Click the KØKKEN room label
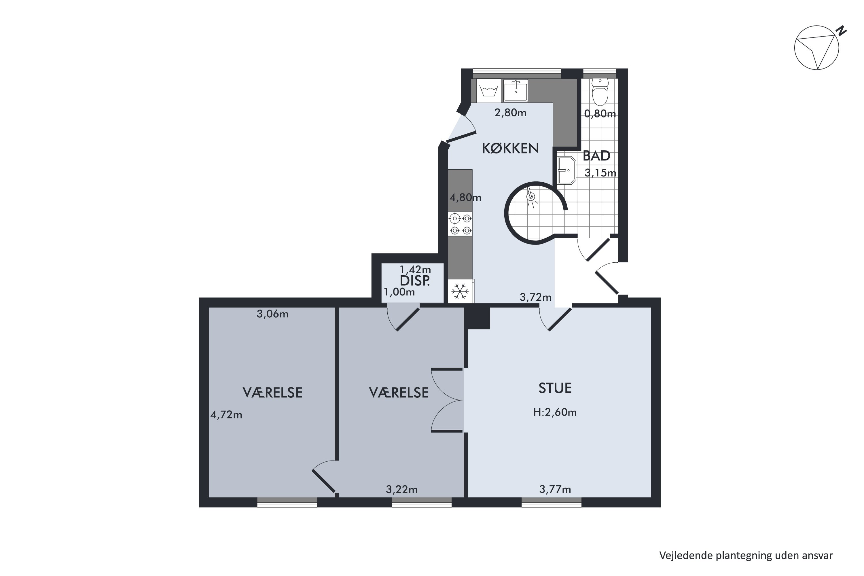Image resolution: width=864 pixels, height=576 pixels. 510,148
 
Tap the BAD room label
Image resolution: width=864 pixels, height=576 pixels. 596,156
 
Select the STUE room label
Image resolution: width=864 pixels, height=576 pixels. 555,388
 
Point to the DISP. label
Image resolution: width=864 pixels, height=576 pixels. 415,281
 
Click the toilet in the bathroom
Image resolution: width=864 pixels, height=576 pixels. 600,92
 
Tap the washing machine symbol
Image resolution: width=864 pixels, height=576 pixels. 488,91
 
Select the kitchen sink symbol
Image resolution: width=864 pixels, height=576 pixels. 516,90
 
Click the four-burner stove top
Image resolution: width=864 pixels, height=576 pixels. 461,224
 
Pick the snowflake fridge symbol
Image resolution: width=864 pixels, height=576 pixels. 460,291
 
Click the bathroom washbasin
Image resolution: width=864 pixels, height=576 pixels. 566,170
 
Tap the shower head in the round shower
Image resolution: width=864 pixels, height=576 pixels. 530,197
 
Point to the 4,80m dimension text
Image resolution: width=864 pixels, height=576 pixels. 465,198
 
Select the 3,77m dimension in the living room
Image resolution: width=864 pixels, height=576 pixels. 555,489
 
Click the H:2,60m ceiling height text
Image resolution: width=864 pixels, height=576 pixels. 555,412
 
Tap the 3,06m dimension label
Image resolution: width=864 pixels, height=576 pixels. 272,314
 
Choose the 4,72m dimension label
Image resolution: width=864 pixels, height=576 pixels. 226,415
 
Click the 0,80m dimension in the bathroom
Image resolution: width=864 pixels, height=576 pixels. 600,114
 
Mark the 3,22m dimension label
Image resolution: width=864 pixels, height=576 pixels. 402,489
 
